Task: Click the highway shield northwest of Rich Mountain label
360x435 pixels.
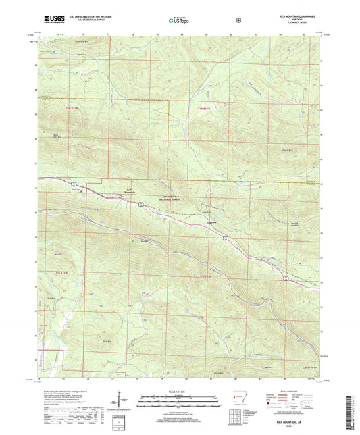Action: [72, 183]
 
